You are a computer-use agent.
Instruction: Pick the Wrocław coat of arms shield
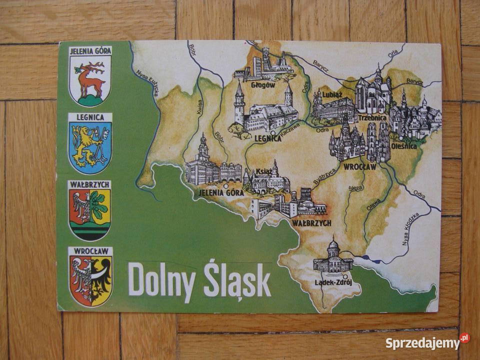(90, 280)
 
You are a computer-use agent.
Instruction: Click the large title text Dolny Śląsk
(199, 279)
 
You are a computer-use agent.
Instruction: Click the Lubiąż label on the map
(332, 93)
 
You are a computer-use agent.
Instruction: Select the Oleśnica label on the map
(404, 146)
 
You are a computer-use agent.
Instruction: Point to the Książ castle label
(263, 172)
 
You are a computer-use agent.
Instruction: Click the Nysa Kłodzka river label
(410, 229)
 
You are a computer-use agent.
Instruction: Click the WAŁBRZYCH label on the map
(312, 223)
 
